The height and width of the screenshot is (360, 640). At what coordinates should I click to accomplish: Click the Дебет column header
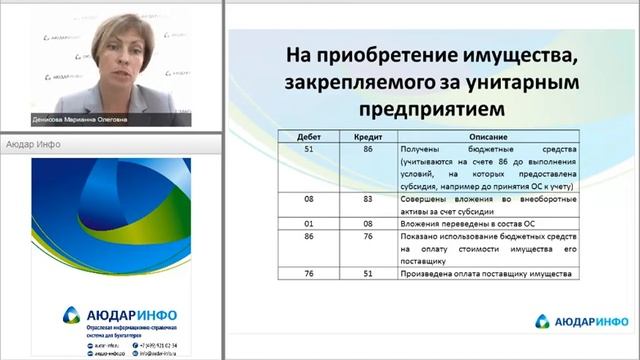298,136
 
